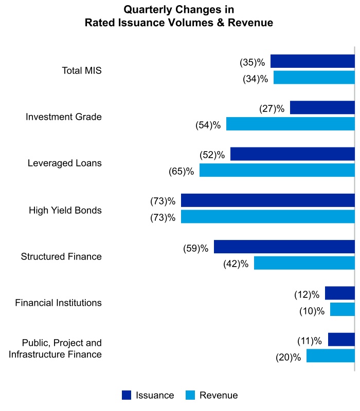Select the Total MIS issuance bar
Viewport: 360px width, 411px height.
pyautogui.click(x=312, y=61)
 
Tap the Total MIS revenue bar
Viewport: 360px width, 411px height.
pyautogui.click(x=314, y=78)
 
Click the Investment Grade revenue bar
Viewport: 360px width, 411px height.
pyautogui.click(x=290, y=124)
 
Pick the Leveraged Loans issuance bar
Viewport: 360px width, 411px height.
pyautogui.click(x=292, y=154)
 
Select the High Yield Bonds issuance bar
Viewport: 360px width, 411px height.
pyautogui.click(x=267, y=200)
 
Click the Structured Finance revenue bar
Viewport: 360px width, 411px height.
pyautogui.click(x=304, y=263)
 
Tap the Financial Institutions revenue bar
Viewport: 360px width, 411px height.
pyautogui.click(x=342, y=309)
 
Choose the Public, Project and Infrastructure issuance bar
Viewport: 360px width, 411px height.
pyautogui.click(x=341, y=340)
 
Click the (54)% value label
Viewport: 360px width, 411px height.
pyautogui.click(x=208, y=125)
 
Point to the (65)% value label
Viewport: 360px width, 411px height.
pyautogui.click(x=181, y=171)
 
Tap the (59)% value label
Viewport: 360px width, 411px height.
pyautogui.click(x=195, y=248)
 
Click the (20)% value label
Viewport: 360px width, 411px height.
pyautogui.click(x=288, y=357)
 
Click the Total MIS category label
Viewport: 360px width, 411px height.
pyautogui.click(x=82, y=70)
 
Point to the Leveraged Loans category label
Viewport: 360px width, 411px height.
pyautogui.click(x=65, y=163)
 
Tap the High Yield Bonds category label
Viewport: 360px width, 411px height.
pyautogui.click(x=65, y=210)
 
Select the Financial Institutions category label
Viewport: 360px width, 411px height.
pyautogui.click(x=59, y=303)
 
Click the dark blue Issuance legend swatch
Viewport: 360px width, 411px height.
pyautogui.click(x=127, y=395)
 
